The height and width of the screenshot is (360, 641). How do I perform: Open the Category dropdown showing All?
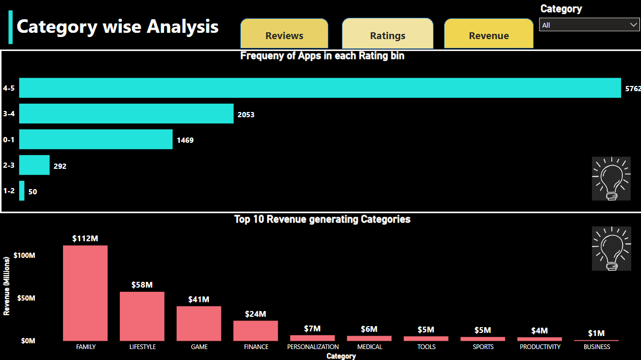(x=588, y=25)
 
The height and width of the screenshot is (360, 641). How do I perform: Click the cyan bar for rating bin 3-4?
(x=126, y=114)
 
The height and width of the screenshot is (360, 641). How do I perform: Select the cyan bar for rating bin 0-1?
(x=96, y=139)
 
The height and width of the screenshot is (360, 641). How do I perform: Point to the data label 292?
(x=60, y=166)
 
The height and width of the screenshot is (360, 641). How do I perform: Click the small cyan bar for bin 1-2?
(x=22, y=191)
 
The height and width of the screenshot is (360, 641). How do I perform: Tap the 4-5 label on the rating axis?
(x=8, y=89)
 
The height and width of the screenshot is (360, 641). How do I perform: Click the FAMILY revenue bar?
(x=85, y=293)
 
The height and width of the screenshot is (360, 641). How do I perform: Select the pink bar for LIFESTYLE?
(x=142, y=316)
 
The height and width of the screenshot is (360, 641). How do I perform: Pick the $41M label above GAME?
(x=199, y=300)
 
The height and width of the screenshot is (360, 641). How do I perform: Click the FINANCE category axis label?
(x=256, y=347)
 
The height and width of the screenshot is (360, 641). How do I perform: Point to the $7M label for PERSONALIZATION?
(x=312, y=329)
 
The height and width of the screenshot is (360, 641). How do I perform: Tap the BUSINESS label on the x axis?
(x=597, y=347)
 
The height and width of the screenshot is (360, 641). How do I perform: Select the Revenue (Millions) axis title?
(x=7, y=285)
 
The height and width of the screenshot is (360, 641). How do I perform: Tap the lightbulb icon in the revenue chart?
(x=611, y=249)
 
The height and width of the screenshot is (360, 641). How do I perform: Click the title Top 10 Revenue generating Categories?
(x=322, y=219)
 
